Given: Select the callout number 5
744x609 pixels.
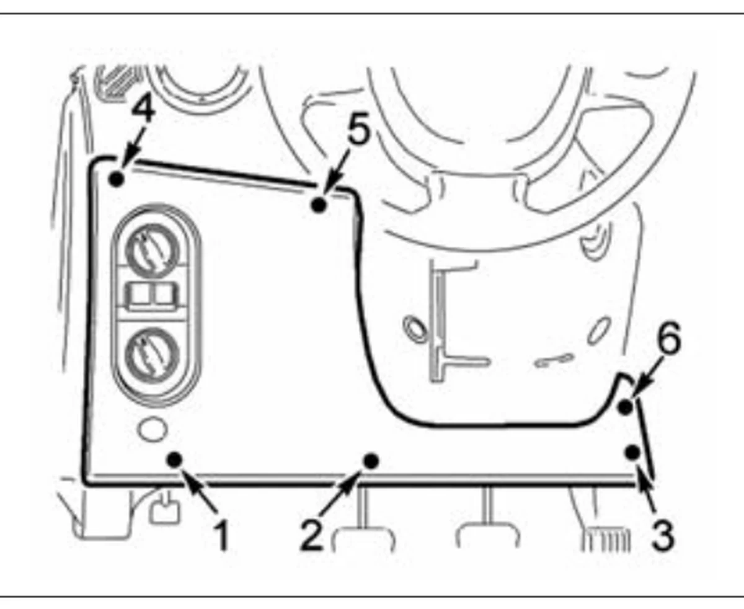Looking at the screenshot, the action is pyautogui.click(x=359, y=128).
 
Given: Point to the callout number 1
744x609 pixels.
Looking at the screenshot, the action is pyautogui.click(x=221, y=536).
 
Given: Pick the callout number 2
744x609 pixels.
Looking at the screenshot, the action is pyautogui.click(x=311, y=536).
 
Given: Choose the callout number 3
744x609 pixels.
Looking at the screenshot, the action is pyautogui.click(x=662, y=536).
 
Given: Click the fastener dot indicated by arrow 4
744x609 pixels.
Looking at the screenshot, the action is pyautogui.click(x=117, y=179).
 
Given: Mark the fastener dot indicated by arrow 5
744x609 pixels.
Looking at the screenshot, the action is pyautogui.click(x=319, y=205).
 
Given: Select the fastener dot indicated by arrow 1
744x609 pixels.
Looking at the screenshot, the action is pyautogui.click(x=174, y=460).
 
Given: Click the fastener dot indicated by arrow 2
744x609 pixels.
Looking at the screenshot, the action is pyautogui.click(x=371, y=460).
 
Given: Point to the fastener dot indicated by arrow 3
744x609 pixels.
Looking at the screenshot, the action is pyautogui.click(x=632, y=453).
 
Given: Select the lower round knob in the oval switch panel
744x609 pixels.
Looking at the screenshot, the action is pyautogui.click(x=152, y=354).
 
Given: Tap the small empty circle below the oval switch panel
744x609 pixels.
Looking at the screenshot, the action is pyautogui.click(x=153, y=429).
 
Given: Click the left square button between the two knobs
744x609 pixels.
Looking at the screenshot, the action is pyautogui.click(x=139, y=294).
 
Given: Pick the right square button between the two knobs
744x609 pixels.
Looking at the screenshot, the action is pyautogui.click(x=166, y=294).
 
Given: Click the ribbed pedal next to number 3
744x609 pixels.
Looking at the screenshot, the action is pyautogui.click(x=605, y=539).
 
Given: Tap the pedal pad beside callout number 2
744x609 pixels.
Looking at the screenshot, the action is pyautogui.click(x=363, y=539).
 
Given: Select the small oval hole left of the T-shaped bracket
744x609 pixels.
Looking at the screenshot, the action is pyautogui.click(x=415, y=329).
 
